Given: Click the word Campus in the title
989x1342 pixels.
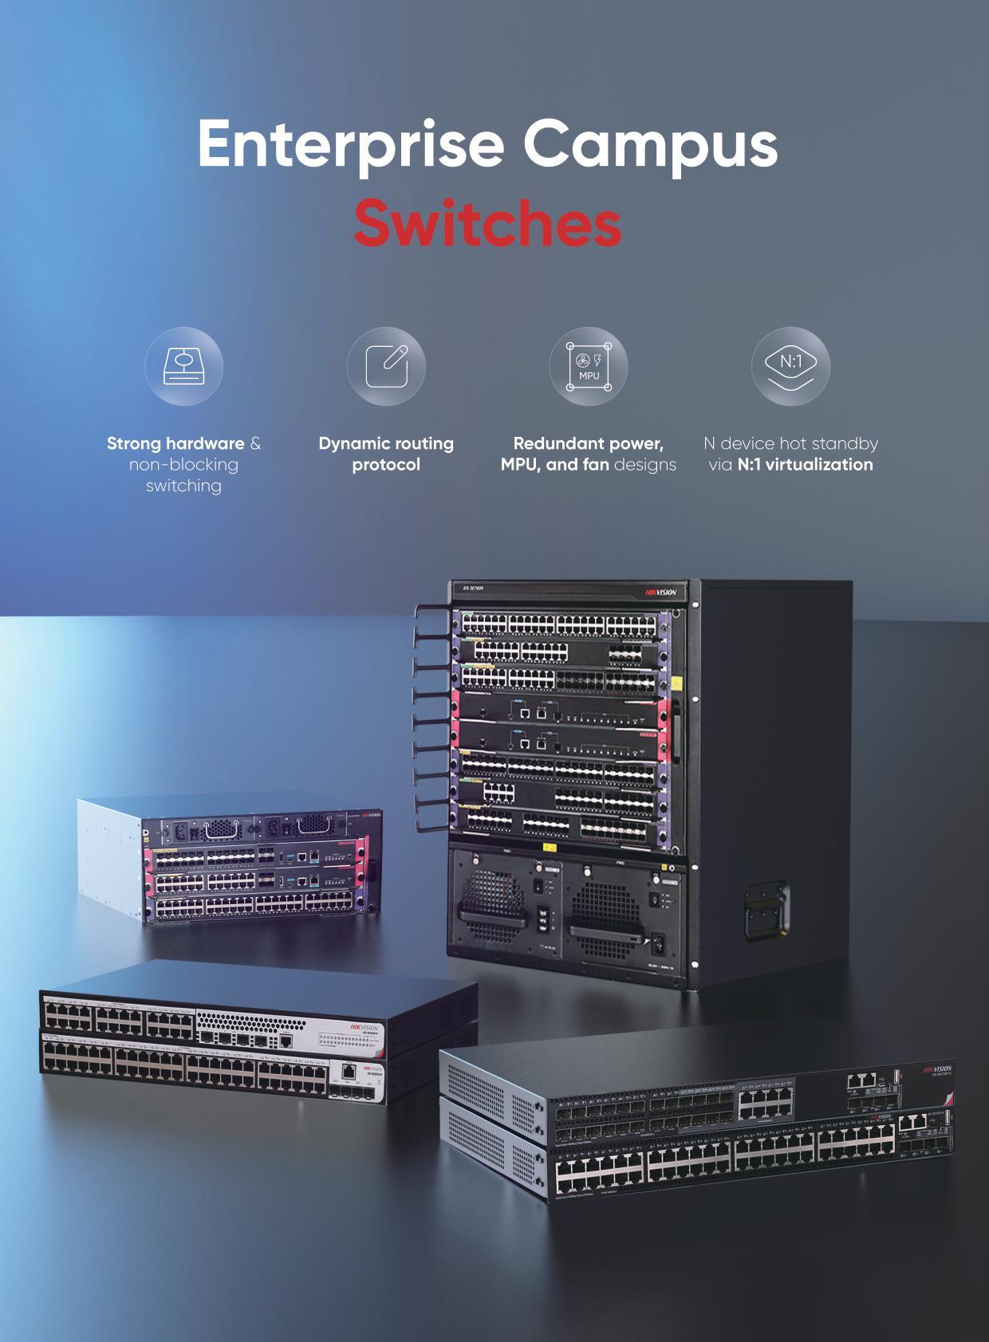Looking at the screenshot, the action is pos(650,144).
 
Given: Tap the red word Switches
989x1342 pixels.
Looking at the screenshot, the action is pos(487,224).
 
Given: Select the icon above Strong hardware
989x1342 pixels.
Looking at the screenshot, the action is pos(183,366).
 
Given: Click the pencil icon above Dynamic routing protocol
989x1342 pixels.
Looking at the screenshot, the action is pos(386,366).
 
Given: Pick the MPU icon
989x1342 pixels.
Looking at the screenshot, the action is pos(589,366).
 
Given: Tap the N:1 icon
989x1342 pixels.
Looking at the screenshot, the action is pos(790,366).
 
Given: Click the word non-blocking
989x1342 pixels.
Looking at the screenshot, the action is pos(183,465).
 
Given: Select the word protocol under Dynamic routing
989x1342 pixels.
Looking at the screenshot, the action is pos(386,465).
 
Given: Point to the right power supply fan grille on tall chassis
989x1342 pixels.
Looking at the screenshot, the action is pos(607,910).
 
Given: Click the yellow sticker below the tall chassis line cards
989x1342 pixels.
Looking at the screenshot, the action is pos(549,847).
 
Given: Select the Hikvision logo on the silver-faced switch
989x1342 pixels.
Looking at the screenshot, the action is pos(366,1029).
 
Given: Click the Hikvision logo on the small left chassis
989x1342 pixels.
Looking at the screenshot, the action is pos(372,815).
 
